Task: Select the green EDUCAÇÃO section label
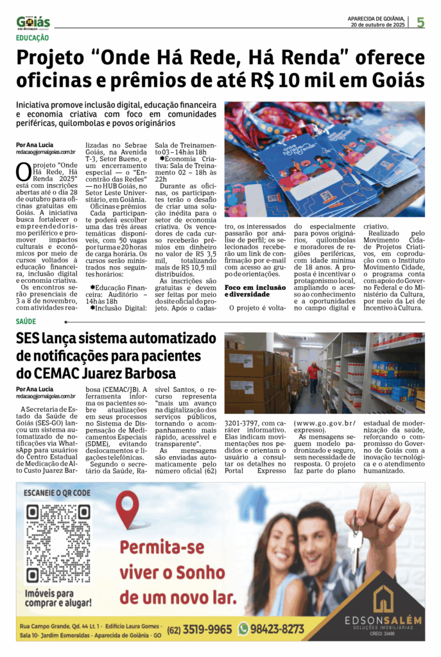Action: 32,38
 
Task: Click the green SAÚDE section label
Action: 26,320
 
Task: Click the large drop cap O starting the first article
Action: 22,172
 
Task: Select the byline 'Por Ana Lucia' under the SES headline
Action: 35,389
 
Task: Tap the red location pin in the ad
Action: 128,508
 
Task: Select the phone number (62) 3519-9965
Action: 200,629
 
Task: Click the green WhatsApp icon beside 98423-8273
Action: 243,629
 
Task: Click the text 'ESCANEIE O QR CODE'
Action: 56,493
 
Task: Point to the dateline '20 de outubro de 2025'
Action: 377,26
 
